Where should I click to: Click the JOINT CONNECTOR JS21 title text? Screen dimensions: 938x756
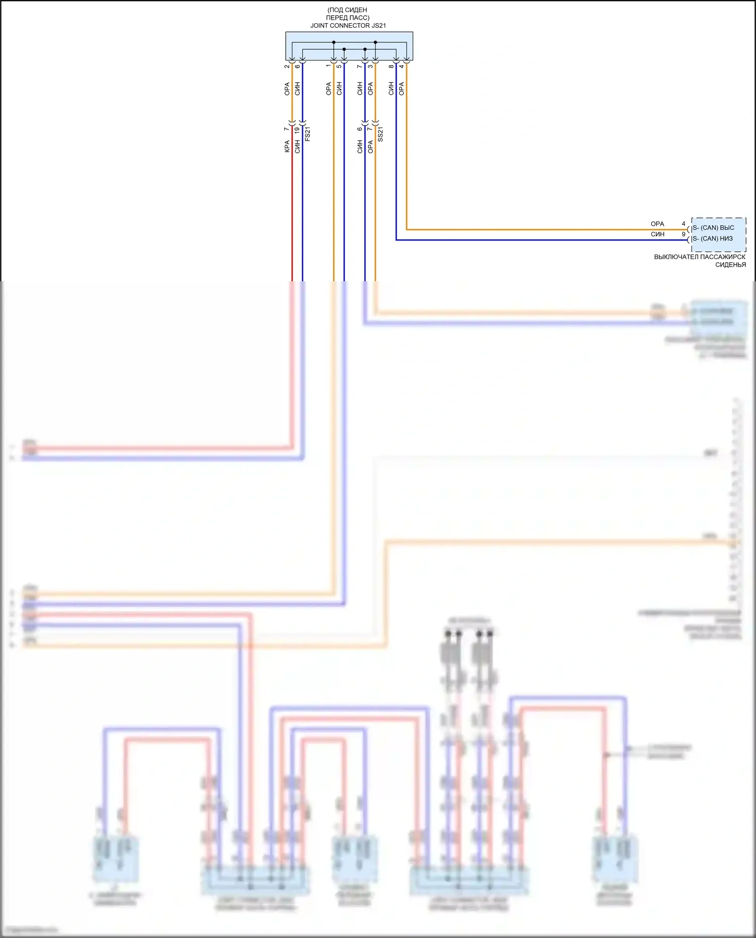(348, 26)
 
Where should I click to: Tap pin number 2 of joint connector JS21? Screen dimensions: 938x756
(287, 67)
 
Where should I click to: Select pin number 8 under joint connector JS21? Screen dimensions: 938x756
(391, 67)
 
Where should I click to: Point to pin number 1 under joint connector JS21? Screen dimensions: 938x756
(328, 66)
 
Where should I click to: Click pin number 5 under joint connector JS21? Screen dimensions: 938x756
(339, 67)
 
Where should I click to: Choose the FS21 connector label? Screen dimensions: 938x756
(308, 134)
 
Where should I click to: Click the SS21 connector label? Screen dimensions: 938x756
(381, 134)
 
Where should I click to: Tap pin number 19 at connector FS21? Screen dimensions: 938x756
(297, 130)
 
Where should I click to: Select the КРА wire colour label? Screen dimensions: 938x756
(287, 147)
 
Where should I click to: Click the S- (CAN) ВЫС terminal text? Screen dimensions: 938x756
(713, 228)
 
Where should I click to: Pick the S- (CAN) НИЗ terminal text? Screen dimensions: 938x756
(713, 239)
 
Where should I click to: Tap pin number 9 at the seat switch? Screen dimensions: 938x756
(683, 234)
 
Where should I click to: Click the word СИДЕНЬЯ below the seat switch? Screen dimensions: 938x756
(730, 265)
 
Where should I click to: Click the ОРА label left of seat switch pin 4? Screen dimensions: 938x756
(657, 224)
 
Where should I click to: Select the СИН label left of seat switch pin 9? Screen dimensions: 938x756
(657, 234)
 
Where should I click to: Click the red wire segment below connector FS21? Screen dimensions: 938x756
(292, 212)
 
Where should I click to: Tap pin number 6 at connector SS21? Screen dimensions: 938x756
(359, 129)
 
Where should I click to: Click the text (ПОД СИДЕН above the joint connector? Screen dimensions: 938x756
(347, 10)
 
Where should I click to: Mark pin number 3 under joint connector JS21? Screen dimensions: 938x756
(370, 67)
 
